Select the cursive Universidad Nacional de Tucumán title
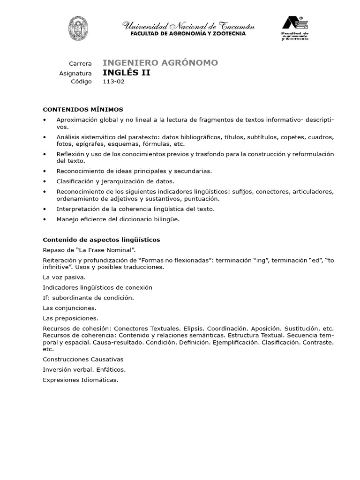pyautogui.click(x=188, y=26)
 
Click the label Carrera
pyautogui.click(x=80, y=63)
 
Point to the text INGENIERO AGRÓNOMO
pyautogui.click(x=160, y=63)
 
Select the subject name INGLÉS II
pyautogui.click(x=127, y=73)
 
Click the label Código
pyautogui.click(x=81, y=82)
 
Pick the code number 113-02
pyautogui.click(x=114, y=82)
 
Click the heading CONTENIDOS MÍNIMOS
pyautogui.click(x=83, y=109)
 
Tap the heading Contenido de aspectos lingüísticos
pyautogui.click(x=101, y=240)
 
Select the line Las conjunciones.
pyautogui.click(x=69, y=308)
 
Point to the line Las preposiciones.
pyautogui.click(x=70, y=318)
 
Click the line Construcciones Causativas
pyautogui.click(x=83, y=359)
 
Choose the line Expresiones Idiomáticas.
pyautogui.click(x=80, y=380)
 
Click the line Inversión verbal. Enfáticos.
pyautogui.click(x=84, y=369)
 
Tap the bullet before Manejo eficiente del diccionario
pyautogui.click(x=45, y=219)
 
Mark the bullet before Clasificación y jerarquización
pyautogui.click(x=45, y=181)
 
